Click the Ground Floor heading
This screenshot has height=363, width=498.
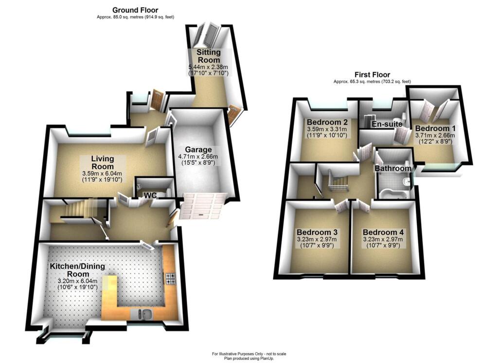(x=135, y=10)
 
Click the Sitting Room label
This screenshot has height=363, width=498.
(x=209, y=56)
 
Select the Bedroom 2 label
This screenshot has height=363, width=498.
(x=326, y=122)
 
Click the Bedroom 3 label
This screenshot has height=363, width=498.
(x=317, y=232)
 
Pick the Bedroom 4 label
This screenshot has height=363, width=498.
(x=383, y=232)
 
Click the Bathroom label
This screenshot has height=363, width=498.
(x=392, y=169)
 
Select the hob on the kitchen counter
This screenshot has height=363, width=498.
(x=170, y=278)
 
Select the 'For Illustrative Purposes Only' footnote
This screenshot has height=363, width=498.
(x=249, y=353)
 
